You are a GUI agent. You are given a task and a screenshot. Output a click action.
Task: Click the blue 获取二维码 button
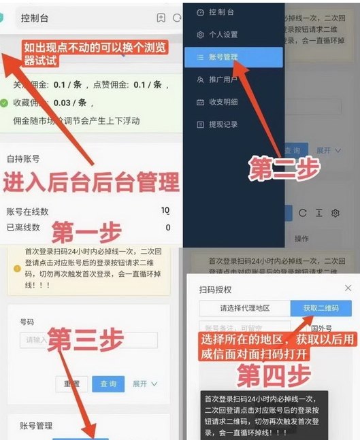click(x=321, y=308)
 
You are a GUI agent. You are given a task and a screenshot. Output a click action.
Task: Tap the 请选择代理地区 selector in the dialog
click(x=244, y=308)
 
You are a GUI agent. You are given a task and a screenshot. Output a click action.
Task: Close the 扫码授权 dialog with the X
click(x=348, y=288)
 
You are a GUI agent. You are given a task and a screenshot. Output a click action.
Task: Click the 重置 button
click(x=71, y=384)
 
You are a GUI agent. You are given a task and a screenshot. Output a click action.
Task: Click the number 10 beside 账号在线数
click(x=165, y=211)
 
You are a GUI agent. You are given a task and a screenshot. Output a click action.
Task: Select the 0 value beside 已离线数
click(x=167, y=227)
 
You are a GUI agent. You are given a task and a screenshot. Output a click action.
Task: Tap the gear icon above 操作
click(x=335, y=214)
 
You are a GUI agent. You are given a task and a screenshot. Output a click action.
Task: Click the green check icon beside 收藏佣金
click(x=5, y=103)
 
